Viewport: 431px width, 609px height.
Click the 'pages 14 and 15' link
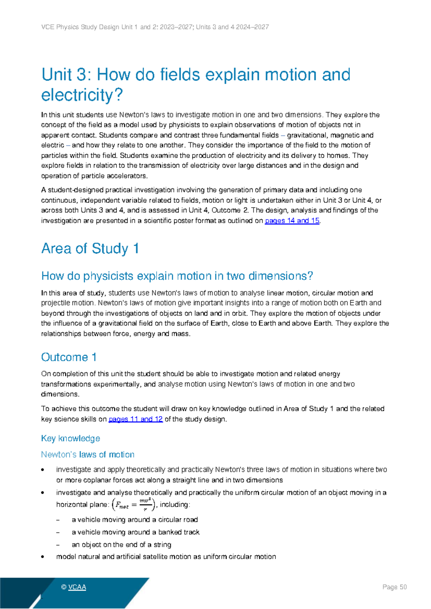coord(292,221)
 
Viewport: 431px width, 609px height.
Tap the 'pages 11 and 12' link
coord(135,419)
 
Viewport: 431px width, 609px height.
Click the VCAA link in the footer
coord(77,587)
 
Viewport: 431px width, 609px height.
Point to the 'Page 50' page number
coord(394,587)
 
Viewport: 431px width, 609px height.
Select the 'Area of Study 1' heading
coord(90,248)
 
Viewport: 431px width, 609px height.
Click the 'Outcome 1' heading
coord(69,357)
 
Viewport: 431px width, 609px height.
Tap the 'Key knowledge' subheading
coord(70,438)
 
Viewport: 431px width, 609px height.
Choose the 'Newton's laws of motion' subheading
coord(88,455)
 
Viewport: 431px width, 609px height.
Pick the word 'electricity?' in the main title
coord(82,95)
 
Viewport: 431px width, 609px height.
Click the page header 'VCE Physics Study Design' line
coord(155,27)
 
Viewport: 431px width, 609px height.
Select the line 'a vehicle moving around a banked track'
coord(135,532)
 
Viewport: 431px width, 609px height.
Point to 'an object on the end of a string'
coord(121,545)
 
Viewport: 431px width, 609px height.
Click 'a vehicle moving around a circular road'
coord(135,520)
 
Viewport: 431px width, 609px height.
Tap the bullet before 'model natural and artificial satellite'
coord(43,557)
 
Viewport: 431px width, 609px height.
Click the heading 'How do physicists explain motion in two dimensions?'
coord(177,276)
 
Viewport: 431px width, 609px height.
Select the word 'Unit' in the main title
coord(57,75)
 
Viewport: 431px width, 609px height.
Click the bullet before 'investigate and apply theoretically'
coord(43,470)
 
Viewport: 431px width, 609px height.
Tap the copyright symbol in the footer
coord(64,587)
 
